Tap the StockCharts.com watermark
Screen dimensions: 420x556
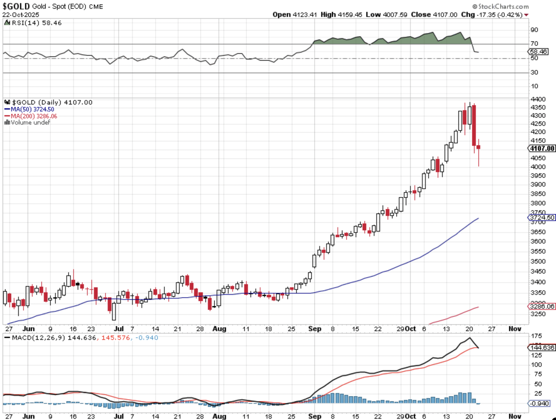pos(501,6)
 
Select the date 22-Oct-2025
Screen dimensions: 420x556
pos(21,15)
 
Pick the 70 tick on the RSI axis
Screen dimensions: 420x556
pos(534,44)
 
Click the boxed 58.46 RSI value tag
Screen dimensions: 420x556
pos(538,52)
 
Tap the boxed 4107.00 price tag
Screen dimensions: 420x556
pos(542,148)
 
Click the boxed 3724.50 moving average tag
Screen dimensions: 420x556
pos(542,217)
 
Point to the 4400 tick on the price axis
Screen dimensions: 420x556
pos(538,99)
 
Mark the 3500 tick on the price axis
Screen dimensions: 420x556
pos(538,261)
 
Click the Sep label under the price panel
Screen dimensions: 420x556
pos(315,329)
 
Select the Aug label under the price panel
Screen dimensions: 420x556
pos(219,329)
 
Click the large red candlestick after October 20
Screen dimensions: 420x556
pos(474,125)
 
